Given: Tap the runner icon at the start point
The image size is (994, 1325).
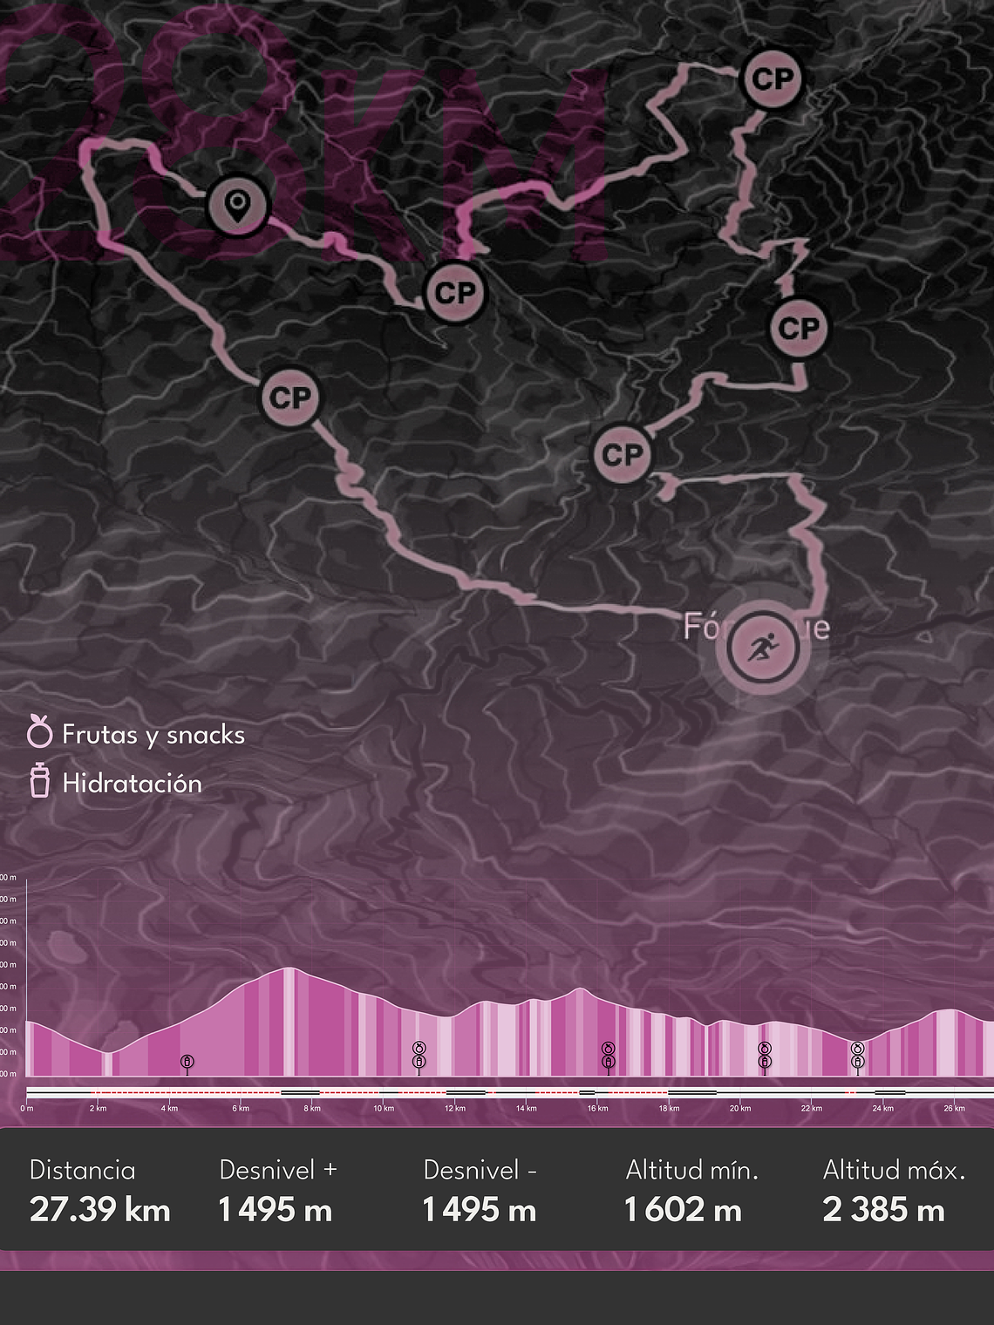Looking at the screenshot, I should pos(763,647).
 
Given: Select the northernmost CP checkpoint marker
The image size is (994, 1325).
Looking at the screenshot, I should pos(772,79).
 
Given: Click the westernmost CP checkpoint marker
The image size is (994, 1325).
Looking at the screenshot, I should pos(290,397).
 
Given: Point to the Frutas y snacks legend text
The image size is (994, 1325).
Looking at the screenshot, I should pos(153,735).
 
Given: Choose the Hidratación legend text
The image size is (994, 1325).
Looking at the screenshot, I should pos(132,783).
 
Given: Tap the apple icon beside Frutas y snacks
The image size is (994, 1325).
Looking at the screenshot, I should pos(39,731).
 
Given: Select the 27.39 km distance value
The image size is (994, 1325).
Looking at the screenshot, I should pos(99,1210).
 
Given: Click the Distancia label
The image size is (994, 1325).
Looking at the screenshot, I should pos(82,1170).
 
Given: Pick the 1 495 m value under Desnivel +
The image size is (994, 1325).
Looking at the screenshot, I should pos(275,1210).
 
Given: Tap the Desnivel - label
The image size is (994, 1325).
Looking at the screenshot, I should pos(480,1170).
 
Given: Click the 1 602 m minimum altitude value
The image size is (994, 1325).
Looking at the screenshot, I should pos(682,1210).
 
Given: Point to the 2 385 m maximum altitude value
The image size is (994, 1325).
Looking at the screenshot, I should pos(883,1210).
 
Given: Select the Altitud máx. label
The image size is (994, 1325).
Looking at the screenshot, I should pos(894,1170).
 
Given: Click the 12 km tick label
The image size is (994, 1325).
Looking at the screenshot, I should pos(454,1109).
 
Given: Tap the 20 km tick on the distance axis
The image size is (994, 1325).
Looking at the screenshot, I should pos(739,1109).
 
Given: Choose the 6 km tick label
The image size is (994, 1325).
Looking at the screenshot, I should pos(241,1109).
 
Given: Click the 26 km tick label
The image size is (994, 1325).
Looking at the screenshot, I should pos(954,1109).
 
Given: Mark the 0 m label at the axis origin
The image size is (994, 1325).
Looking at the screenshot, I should pos(27,1109).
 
